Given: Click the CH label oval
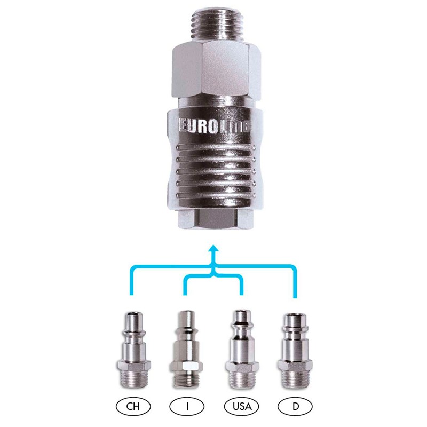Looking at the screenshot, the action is point(133,407).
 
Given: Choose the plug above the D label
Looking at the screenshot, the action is point(295,351).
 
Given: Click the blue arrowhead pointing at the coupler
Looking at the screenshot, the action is point(214,249).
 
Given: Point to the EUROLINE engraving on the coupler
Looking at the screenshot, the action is point(214,126).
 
